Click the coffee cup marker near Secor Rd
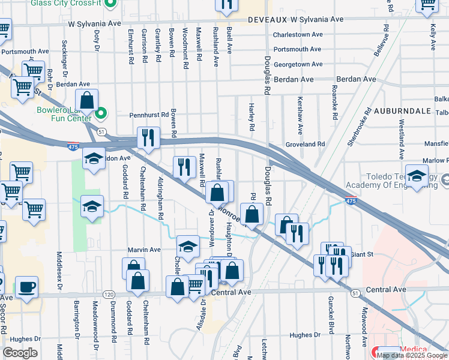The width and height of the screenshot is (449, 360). pos(26,286)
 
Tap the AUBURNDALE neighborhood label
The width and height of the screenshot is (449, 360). pos(402,111)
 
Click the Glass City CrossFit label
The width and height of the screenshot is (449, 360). pos(66,4)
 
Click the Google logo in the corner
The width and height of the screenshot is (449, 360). pos(20,353)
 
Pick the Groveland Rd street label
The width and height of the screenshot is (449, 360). pos(305,144)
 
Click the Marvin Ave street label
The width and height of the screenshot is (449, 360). pos(144,250)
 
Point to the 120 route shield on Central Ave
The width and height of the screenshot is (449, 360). pos(109,295)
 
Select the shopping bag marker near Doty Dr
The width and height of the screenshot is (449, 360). pos(86,101)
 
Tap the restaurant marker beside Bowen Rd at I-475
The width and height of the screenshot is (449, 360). pos(147,137)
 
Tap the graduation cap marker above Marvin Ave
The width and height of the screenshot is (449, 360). pos(188,246)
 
